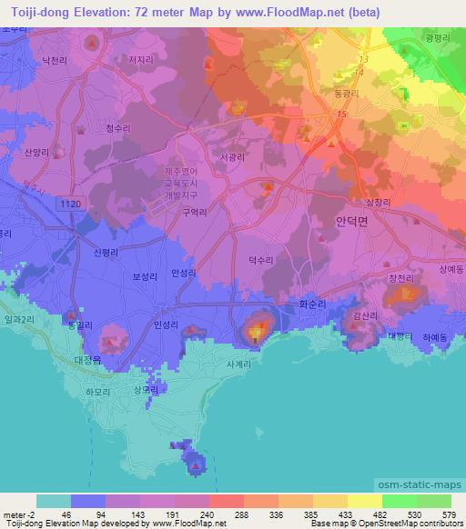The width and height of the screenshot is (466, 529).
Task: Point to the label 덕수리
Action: pos(261,260)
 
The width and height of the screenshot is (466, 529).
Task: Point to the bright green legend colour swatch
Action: pos(399,500)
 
